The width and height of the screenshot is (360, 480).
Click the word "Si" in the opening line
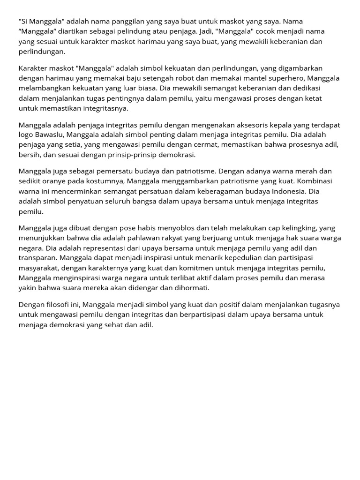click(23, 22)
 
